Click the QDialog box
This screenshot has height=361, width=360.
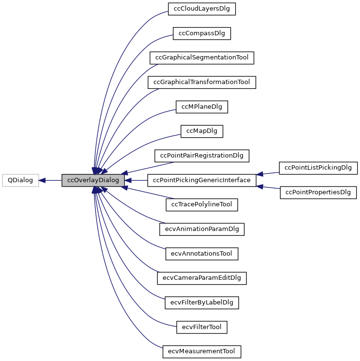point(20,180)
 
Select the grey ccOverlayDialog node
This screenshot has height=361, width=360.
point(93,180)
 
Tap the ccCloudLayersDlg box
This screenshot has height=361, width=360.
point(202,9)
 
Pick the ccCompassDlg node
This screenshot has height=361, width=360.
point(202,33)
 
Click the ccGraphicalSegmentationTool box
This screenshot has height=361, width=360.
point(202,58)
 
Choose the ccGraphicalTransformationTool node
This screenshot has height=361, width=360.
point(202,82)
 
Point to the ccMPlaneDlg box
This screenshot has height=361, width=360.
point(202,107)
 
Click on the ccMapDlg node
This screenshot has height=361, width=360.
point(202,131)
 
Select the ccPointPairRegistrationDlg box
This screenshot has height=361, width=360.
point(202,156)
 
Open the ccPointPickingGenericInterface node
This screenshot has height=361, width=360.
point(202,180)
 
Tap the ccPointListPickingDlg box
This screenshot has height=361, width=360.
point(318,168)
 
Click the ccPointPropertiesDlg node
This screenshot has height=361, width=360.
point(318,192)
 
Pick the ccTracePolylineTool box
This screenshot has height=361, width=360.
point(202,204)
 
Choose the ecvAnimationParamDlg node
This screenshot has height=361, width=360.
point(202,229)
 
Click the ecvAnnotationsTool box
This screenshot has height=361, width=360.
point(202,254)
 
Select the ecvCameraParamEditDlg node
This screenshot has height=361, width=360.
point(202,278)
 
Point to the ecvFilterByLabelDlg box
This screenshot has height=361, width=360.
point(202,303)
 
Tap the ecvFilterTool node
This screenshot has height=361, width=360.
point(202,327)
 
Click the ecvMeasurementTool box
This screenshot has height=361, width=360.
point(202,351)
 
